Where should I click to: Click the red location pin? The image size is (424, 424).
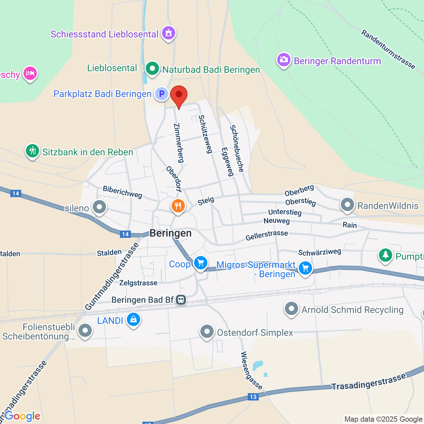pos(179,95)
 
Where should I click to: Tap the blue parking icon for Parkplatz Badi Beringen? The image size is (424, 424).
pos(162,94)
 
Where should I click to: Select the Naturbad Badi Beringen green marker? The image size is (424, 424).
pos(152,69)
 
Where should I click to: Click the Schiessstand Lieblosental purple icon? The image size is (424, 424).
pos(169,33)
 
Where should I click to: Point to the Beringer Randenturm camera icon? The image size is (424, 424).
pos(284,60)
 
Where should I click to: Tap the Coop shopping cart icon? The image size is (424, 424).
pos(200,263)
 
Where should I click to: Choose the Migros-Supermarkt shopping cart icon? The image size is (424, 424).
pos(305,268)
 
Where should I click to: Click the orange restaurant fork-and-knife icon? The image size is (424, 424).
pos(178,206)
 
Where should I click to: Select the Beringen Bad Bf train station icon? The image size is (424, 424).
pos(181,300)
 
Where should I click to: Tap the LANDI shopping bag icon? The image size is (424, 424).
pos(133,320)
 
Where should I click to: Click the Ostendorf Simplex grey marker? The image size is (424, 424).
pos(207,331)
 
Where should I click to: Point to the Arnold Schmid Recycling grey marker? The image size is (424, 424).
pos(291,309)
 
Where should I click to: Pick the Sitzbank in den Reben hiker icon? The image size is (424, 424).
pos(32,151)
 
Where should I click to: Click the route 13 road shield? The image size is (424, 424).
pos(253,397)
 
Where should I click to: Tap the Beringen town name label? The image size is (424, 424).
pos(171,233)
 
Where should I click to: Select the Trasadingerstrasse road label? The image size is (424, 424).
pos(369,382)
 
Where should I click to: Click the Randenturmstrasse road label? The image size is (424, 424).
pos(388,49)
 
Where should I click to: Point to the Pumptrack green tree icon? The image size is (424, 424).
pos(386,255)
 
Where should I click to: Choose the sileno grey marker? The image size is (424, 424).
pos(99,207)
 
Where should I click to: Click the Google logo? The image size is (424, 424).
pos(23,416)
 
